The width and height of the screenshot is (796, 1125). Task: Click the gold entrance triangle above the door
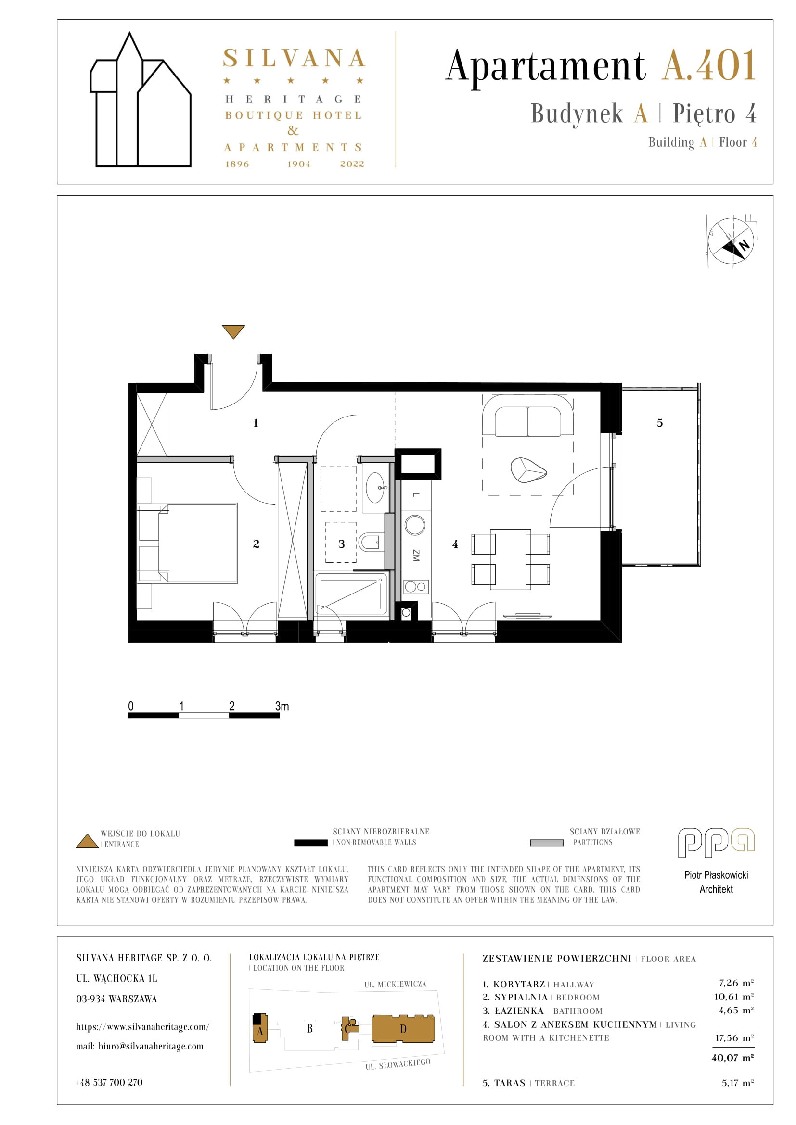(x=233, y=331)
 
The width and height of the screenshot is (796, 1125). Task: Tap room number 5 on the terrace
(x=660, y=423)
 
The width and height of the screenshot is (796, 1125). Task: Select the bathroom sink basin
(x=376, y=488)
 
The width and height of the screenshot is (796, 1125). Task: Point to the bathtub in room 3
(x=351, y=594)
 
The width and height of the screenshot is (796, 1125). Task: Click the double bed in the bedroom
(x=188, y=543)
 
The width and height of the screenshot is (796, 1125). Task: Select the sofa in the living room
(x=528, y=415)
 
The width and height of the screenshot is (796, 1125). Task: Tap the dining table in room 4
(x=510, y=558)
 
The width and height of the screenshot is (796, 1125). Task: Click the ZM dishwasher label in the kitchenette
(x=416, y=555)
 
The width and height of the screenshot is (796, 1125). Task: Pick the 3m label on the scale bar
(x=282, y=706)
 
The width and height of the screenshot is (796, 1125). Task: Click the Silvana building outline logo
(x=141, y=100)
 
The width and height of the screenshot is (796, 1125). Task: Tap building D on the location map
(x=403, y=1029)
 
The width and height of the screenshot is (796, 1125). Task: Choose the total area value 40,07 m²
(x=732, y=1058)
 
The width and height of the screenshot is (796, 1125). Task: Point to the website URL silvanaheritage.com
(x=142, y=1026)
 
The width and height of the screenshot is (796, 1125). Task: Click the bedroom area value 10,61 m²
(x=734, y=997)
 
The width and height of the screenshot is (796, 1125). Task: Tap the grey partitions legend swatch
(x=547, y=843)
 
